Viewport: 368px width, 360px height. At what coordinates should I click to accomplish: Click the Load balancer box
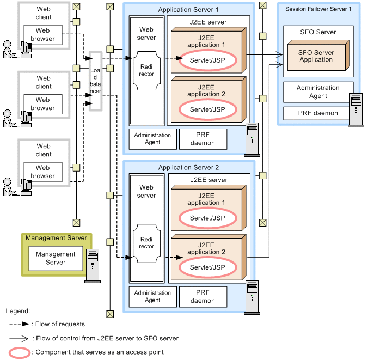pyautogui.click(x=95, y=81)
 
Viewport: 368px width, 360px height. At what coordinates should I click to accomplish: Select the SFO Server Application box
pyautogui.click(x=316, y=57)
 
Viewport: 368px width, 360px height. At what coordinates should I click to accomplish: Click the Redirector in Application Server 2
pyautogui.click(x=146, y=243)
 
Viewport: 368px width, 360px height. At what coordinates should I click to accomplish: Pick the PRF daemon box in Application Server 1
pyautogui.click(x=203, y=139)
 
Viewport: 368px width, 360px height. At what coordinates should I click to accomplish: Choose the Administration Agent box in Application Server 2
pyautogui.click(x=152, y=296)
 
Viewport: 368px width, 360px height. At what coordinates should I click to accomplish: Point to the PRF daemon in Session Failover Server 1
pyautogui.click(x=318, y=113)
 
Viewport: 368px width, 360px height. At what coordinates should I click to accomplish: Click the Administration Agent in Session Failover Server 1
pyautogui.click(x=318, y=92)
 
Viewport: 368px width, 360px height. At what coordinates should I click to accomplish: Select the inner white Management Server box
pyautogui.click(x=56, y=258)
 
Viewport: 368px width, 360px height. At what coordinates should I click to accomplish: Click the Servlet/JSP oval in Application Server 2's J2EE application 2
pyautogui.click(x=207, y=267)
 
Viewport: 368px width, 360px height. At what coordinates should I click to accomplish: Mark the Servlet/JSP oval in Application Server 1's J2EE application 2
pyautogui.click(x=207, y=109)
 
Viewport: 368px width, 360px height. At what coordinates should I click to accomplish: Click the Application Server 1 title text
pyautogui.click(x=188, y=10)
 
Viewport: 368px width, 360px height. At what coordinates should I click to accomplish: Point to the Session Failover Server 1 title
pyautogui.click(x=318, y=9)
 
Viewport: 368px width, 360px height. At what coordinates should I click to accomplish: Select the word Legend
pyautogui.click(x=18, y=311)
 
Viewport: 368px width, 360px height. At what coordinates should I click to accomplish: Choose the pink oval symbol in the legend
pyautogui.click(x=19, y=352)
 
